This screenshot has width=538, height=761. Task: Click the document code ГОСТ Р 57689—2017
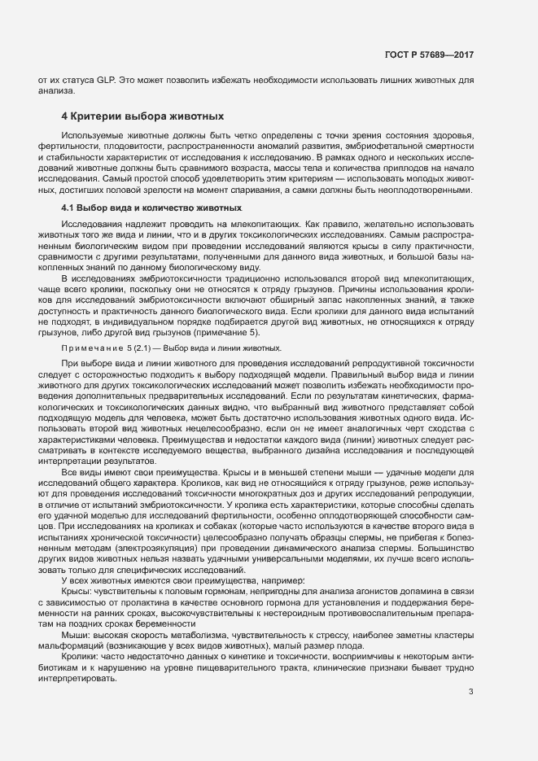pos(429,55)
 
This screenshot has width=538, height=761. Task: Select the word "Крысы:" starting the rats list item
pos(78,592)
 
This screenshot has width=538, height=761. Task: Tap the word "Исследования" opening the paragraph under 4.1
pos(91,223)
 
